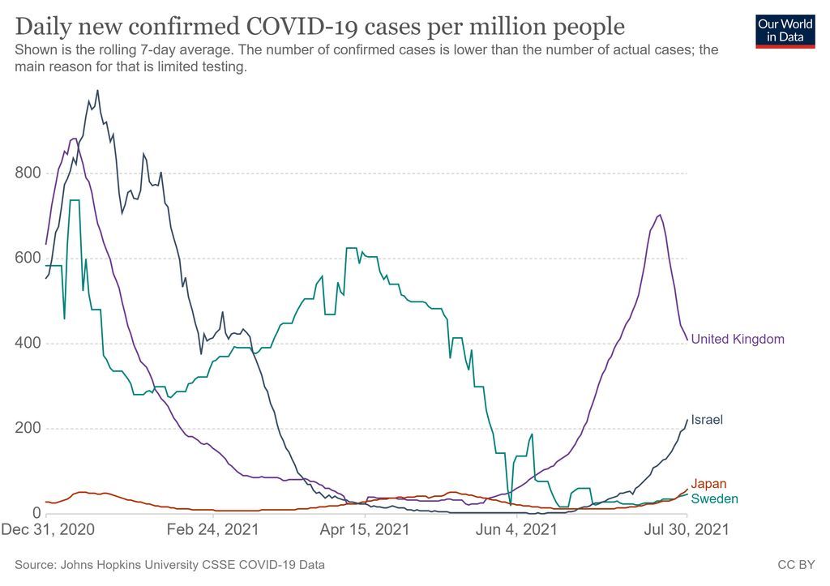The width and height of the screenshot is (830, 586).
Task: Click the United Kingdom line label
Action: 737,340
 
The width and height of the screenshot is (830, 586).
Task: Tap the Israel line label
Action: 706,420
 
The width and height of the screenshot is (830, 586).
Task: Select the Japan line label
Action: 708,485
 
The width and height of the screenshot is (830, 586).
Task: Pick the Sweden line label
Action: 714,498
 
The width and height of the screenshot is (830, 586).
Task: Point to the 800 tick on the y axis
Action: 28,173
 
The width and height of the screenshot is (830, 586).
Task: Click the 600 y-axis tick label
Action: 28,259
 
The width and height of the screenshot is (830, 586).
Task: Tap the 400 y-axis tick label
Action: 28,344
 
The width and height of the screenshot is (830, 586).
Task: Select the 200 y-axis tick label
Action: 28,429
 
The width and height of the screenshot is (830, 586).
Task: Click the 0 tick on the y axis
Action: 36,513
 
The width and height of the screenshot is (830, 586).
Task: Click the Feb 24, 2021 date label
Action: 213,530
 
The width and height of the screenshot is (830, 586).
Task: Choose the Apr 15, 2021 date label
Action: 365,530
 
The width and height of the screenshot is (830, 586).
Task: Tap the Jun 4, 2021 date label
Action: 516,530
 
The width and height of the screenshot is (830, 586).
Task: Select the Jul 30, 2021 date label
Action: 687,530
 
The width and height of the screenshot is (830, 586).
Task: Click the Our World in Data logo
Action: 785,30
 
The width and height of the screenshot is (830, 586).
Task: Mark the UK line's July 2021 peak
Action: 660,215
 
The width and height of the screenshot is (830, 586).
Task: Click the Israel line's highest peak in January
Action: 97,91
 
